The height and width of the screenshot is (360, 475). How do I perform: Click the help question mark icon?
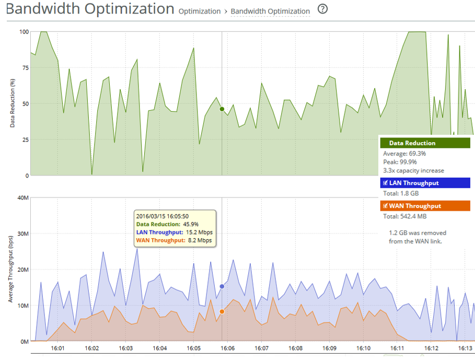tap(322, 9)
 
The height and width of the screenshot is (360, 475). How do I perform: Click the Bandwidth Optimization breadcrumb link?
tap(270, 11)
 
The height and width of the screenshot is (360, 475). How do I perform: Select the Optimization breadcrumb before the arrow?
tap(200, 11)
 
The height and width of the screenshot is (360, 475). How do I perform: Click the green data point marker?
tap(222, 109)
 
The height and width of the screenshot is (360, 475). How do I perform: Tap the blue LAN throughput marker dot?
tap(222, 286)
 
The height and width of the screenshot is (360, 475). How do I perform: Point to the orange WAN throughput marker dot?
tap(222, 311)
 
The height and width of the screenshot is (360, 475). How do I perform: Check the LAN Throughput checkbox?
tap(386, 183)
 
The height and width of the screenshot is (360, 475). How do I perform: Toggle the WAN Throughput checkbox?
tap(386, 206)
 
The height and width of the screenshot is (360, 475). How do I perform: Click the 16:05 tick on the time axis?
tap(193, 348)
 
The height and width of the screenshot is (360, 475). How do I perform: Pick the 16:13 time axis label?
tap(465, 348)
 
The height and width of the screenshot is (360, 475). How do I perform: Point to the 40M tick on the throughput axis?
tap(22, 198)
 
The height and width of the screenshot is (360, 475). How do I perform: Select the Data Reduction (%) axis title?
tap(12, 103)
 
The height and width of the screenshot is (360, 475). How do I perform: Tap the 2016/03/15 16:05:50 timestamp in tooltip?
tap(162, 216)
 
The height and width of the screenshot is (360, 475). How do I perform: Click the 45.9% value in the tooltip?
tap(191, 224)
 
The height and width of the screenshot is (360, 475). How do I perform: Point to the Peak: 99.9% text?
tap(400, 162)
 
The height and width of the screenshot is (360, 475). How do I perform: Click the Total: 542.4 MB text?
tap(404, 216)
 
